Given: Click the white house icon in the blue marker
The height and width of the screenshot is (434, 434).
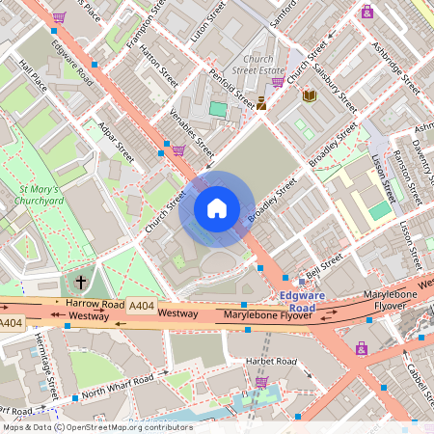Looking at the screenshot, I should [x=217, y=208].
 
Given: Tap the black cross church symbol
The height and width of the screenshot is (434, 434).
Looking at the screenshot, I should [x=80, y=283].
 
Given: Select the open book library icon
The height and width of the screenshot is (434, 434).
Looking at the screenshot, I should [x=309, y=95].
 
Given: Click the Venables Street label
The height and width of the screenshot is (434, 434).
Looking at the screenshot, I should [x=191, y=133].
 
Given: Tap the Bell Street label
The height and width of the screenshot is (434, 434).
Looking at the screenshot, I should [x=324, y=263].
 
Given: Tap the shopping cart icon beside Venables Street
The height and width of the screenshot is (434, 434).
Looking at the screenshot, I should [x=178, y=149].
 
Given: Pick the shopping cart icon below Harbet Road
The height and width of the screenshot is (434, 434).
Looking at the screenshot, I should [x=260, y=382].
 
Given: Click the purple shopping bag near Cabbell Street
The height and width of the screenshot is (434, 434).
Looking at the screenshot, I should [x=361, y=347].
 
